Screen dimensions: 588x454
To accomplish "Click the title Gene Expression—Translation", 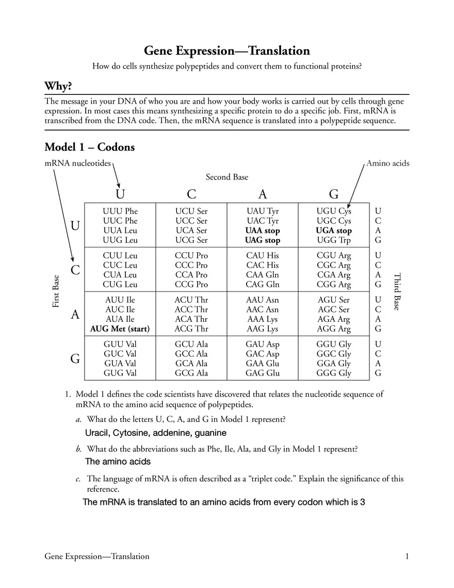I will point(226,51).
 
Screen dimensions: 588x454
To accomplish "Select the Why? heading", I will point(58,86).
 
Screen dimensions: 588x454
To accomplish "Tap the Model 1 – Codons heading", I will point(90,147).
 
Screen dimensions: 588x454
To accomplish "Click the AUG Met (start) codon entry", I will point(120,329).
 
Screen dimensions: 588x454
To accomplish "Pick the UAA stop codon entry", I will point(263,231).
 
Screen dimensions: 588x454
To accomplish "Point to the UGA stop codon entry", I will point(334,231).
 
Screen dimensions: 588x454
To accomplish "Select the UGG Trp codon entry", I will point(334,240).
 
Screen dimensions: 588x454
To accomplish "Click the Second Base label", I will point(227,177).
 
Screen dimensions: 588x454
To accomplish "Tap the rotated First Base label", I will point(56,291).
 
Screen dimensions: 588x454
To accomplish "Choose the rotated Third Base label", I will point(397,291).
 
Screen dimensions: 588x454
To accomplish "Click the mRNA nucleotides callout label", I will point(77,164).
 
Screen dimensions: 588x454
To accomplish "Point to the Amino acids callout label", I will point(387,164).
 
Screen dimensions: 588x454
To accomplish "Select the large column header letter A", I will point(263,194).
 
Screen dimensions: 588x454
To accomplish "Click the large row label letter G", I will point(75,359).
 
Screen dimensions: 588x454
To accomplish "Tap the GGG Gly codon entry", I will point(334,373).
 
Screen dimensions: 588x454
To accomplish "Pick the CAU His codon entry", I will point(263,255).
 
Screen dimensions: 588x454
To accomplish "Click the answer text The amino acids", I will point(118,462).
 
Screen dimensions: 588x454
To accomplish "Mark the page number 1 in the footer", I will point(407,556).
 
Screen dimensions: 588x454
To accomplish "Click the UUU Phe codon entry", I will point(120,211).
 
